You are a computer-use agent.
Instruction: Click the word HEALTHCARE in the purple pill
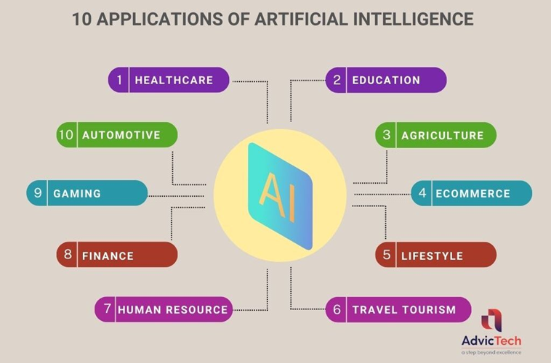(x=174, y=81)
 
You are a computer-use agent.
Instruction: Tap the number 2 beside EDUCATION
(x=337, y=80)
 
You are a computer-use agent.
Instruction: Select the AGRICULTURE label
(x=443, y=136)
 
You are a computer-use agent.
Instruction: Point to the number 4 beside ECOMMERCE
(x=422, y=192)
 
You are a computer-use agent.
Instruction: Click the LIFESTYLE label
(x=433, y=256)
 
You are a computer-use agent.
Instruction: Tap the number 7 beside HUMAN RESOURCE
(x=108, y=309)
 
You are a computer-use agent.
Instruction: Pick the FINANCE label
(x=108, y=256)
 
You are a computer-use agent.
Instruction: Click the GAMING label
(x=77, y=193)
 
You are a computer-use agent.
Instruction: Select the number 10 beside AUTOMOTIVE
(x=66, y=134)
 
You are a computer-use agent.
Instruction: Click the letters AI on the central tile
(x=278, y=196)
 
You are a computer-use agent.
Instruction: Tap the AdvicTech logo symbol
(x=491, y=320)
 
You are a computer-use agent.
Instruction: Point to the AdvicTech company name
(x=491, y=341)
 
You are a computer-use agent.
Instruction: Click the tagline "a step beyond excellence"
(x=491, y=352)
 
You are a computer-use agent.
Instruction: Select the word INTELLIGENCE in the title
(x=413, y=19)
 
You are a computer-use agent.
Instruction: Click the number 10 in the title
(x=82, y=19)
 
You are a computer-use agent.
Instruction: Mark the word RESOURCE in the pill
(x=197, y=309)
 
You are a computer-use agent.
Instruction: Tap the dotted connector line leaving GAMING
(x=176, y=196)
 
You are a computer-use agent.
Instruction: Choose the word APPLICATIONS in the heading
(x=159, y=19)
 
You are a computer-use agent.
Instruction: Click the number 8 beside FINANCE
(x=68, y=254)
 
